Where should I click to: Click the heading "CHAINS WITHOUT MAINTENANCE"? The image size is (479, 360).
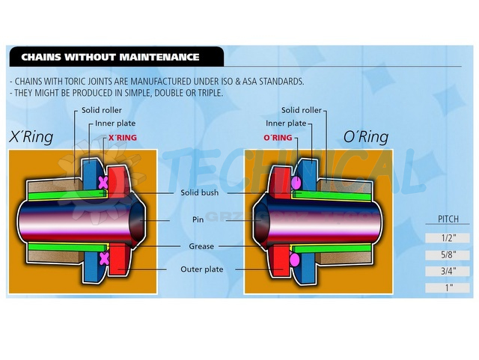pos(109,57)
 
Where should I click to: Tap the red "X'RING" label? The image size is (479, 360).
pos(123,138)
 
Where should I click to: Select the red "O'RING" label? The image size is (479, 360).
pos(277,138)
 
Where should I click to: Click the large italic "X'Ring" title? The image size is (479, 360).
pos(32,137)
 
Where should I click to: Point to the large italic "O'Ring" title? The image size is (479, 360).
pos(366,137)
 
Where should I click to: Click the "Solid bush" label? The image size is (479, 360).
pos(200,192)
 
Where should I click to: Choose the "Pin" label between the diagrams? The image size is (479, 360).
pos(199,220)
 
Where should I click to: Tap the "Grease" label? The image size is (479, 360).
pos(200,245)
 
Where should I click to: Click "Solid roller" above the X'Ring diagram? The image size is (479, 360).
pos(102,111)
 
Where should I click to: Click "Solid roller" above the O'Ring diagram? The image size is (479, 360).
pos(302,111)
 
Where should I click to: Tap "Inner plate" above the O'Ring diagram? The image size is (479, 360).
pos(286,123)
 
